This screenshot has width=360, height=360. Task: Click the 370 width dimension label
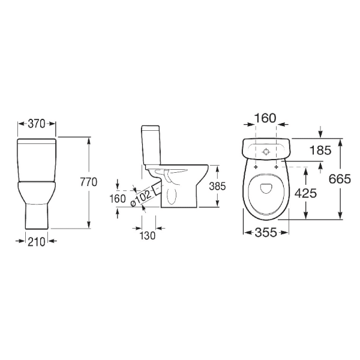click(x=37, y=124)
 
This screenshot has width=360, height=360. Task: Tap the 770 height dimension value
click(x=89, y=182)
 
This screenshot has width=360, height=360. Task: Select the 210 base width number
click(x=37, y=242)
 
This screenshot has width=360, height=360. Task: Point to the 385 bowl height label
click(x=217, y=186)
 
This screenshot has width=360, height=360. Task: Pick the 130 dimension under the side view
click(x=148, y=236)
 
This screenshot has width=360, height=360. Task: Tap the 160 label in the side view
click(x=118, y=199)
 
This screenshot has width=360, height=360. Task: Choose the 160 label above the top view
click(x=265, y=118)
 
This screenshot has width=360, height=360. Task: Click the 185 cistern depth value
click(x=320, y=151)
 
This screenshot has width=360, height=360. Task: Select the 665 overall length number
click(x=340, y=179)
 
